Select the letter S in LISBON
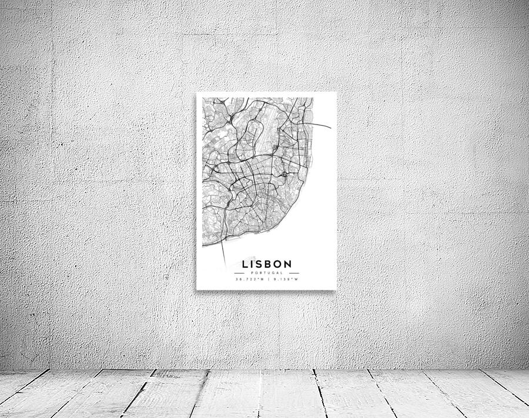pos(260,265)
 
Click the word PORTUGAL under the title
pos(266,273)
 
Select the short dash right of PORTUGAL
pos(294,273)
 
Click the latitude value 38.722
pos(249,279)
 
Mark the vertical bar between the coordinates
pos(267,279)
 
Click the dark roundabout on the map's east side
pos(284,174)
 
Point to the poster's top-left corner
pos(196,93)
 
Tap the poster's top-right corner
pos(336,92)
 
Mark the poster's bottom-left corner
pos(196,289)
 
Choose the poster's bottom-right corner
pos(336,289)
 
